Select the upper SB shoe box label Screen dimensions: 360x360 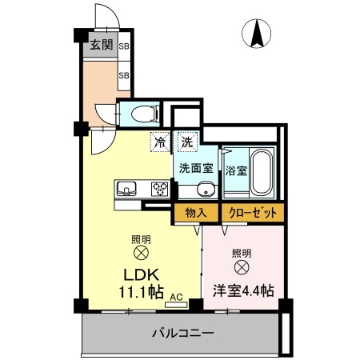click(x=124, y=46)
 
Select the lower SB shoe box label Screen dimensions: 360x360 click(x=124, y=76)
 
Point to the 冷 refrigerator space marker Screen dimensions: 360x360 click(x=161, y=142)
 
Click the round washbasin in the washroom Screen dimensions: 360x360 click(x=205, y=189)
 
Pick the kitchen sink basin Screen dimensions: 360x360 click(x=126, y=189)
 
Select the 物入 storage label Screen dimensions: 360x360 click(x=196, y=213)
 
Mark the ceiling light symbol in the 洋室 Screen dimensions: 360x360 click(x=241, y=267)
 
